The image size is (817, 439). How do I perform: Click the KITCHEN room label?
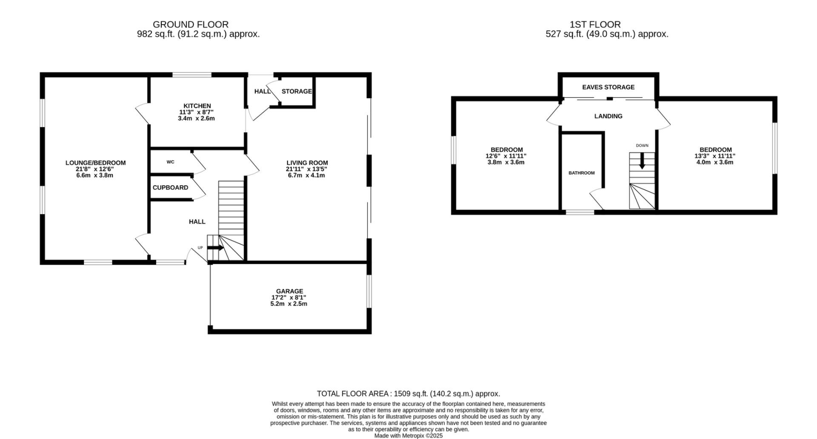(x=197, y=106)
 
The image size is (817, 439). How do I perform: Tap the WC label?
(x=170, y=162)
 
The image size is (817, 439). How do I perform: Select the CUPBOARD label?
(x=170, y=187)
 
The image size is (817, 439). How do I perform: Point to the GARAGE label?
(x=289, y=291)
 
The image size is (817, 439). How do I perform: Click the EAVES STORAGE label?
(x=608, y=87)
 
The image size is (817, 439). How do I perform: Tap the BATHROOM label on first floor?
(x=581, y=173)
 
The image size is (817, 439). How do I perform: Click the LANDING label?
(x=608, y=116)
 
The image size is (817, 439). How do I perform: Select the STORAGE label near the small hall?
(x=297, y=91)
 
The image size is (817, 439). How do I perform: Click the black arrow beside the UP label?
(x=215, y=248)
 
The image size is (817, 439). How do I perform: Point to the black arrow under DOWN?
(x=642, y=161)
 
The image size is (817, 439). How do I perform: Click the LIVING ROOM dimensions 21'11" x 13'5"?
(x=306, y=169)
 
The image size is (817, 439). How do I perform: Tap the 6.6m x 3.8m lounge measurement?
(x=95, y=175)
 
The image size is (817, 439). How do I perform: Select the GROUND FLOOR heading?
(x=191, y=25)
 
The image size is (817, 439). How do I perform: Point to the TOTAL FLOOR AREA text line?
(x=408, y=394)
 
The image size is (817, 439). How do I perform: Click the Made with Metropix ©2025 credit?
(x=408, y=436)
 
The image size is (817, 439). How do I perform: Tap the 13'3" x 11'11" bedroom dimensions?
(x=715, y=156)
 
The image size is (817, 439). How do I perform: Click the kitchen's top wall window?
(x=192, y=75)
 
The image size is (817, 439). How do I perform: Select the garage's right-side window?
(x=369, y=291)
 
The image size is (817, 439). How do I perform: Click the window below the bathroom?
(x=580, y=212)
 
